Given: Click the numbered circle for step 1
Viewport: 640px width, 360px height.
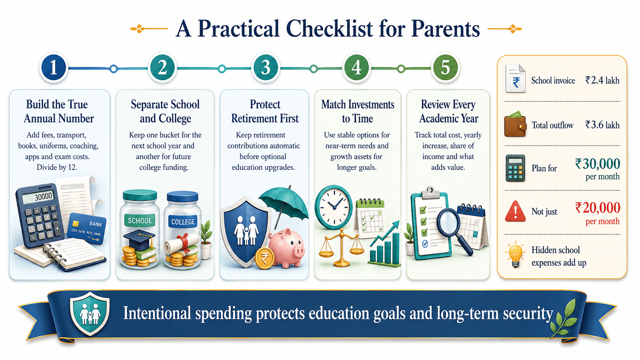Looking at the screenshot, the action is pos(54,68).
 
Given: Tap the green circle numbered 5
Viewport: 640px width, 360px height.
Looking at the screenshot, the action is pos(445,68).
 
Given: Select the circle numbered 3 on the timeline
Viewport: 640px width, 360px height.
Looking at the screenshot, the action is pos(265,68).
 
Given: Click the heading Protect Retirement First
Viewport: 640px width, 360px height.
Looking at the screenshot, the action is pos(265,111).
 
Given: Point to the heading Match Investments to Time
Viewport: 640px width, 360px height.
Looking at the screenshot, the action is pos(358,111).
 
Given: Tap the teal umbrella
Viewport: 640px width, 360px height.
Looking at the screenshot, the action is pos(283,205).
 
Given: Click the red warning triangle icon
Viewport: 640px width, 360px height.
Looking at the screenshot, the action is pos(515,211).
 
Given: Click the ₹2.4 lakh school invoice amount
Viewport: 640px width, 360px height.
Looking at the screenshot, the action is pos(602,80).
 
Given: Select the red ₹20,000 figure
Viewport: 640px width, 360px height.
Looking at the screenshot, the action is pos(598,208).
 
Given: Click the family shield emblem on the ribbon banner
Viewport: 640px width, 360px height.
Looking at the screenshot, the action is pos(90,313).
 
